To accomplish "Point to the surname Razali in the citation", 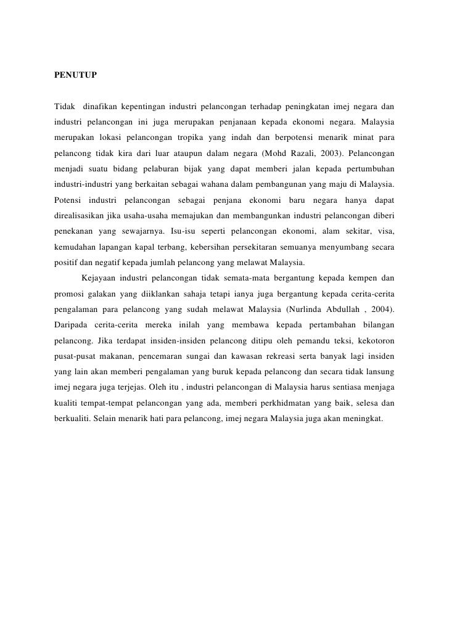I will coord(319,152).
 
